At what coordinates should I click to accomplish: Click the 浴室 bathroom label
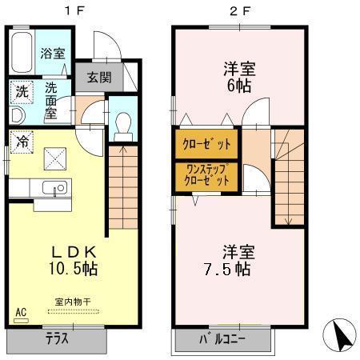coord(53,54)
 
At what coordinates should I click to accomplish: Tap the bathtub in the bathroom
coord(22,51)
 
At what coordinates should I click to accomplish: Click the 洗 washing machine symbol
coord(22,91)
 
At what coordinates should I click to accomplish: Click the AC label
coord(21,311)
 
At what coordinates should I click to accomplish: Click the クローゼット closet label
coord(206,145)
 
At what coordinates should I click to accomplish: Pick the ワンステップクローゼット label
coord(206,174)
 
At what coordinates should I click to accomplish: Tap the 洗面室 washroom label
coord(53,98)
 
